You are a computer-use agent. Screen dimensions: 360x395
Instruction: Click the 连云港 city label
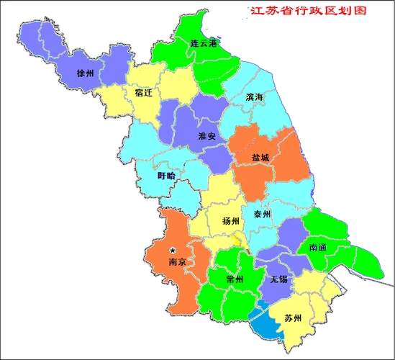[204, 43]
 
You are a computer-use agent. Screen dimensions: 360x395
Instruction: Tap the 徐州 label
[85, 73]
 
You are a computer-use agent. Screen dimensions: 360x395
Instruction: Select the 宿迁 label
[143, 93]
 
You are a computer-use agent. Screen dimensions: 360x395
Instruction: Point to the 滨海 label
[254, 96]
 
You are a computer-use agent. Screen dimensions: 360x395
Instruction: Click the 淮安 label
[207, 135]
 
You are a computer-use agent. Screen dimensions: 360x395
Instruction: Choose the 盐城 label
[260, 157]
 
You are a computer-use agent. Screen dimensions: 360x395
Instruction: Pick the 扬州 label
[231, 220]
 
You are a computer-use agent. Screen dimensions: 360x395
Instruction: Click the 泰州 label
[261, 214]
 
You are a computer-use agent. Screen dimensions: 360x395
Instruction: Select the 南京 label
[177, 262]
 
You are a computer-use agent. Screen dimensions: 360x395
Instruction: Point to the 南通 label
[318, 247]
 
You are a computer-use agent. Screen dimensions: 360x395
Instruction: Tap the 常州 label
[234, 279]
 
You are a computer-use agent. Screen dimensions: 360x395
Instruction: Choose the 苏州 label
[293, 318]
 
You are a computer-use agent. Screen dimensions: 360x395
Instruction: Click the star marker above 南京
[173, 251]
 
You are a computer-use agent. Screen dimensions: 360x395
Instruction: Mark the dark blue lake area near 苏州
[265, 323]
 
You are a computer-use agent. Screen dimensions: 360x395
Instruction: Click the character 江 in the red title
[255, 12]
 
